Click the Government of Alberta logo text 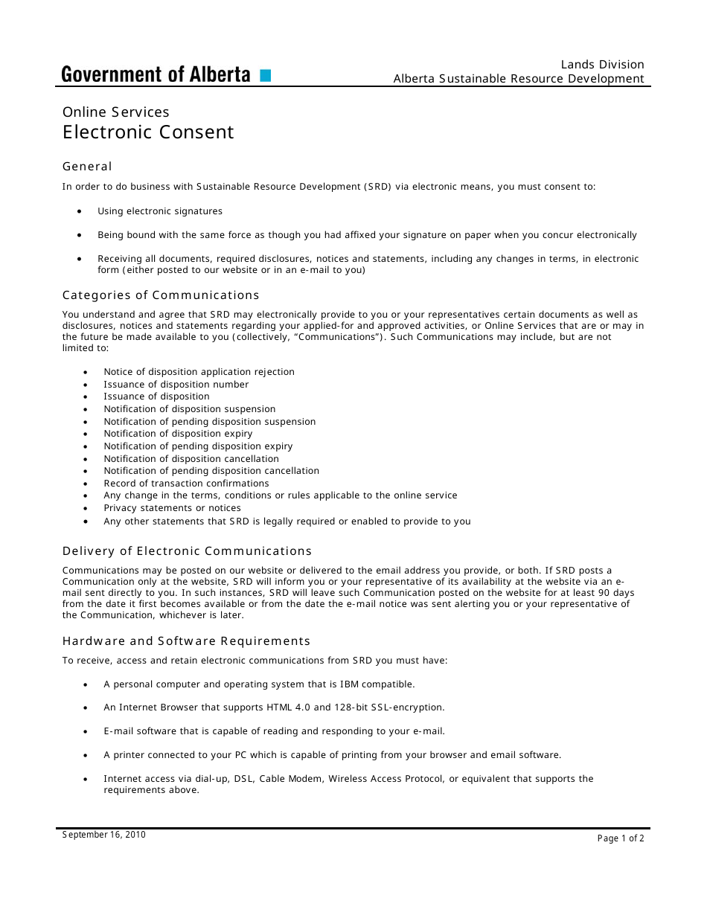(156, 74)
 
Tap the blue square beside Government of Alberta (266, 75)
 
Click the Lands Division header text (602, 65)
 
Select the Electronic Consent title (148, 132)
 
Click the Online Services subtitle (115, 112)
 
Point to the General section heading (87, 167)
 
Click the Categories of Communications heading (161, 295)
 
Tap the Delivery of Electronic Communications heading (187, 551)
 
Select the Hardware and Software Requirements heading (186, 641)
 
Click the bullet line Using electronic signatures (160, 211)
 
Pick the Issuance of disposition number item (176, 385)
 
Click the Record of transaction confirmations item (186, 484)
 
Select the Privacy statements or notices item (172, 508)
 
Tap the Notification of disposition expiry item (178, 434)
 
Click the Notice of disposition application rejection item (199, 372)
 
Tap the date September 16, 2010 (103, 835)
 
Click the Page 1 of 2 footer (620, 838)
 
